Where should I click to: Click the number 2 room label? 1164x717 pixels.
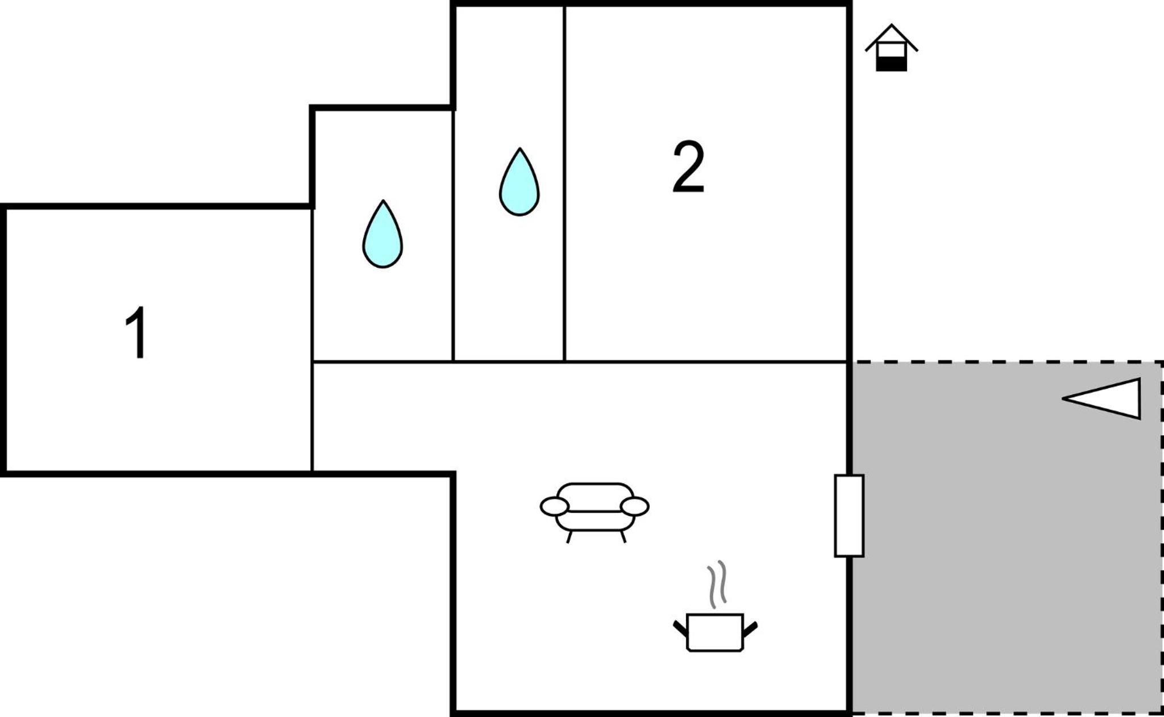tap(688, 166)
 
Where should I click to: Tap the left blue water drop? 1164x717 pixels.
tap(383, 234)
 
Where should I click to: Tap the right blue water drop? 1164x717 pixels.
tap(519, 182)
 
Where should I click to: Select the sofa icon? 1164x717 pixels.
tap(595, 511)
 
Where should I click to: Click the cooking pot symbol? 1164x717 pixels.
tap(715, 632)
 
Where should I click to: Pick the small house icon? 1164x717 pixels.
tap(891, 48)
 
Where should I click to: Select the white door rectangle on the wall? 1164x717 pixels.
tap(849, 515)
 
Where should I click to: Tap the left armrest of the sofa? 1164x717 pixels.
tap(554, 506)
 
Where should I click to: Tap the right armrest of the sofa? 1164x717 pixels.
tap(635, 506)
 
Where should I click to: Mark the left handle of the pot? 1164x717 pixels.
tap(680, 628)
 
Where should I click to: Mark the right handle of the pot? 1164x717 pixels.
tap(750, 628)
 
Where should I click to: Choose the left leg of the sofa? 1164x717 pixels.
tap(569, 537)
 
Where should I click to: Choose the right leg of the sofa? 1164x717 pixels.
tap(623, 537)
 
